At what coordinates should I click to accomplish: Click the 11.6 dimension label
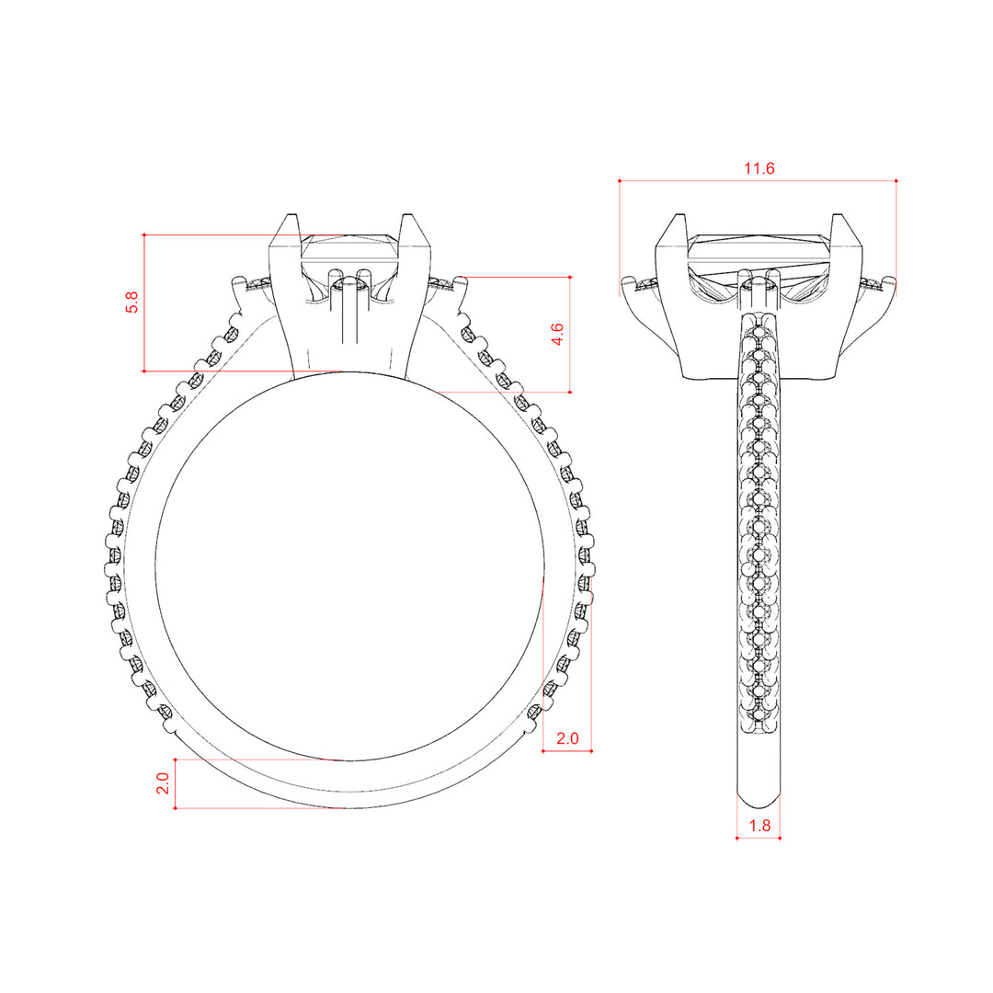pyautogui.click(x=759, y=168)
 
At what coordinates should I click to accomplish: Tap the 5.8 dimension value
pyautogui.click(x=131, y=302)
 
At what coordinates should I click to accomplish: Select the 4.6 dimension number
pyautogui.click(x=556, y=334)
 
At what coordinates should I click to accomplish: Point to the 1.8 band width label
pyautogui.click(x=759, y=826)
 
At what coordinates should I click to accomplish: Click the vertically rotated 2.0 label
pyautogui.click(x=163, y=783)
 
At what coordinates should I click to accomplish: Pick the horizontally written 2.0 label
pyautogui.click(x=567, y=738)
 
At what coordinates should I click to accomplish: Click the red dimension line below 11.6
pyautogui.click(x=758, y=181)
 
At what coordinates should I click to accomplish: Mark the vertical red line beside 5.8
pyautogui.click(x=144, y=302)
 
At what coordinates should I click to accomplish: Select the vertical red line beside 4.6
pyautogui.click(x=570, y=335)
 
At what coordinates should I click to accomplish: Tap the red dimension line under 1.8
pyautogui.click(x=758, y=838)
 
